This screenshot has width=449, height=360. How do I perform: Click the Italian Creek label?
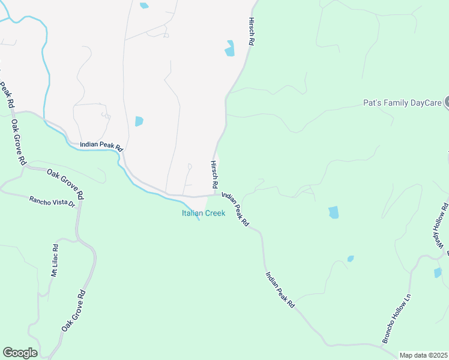[203, 213]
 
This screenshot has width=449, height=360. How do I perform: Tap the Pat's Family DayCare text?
[402, 103]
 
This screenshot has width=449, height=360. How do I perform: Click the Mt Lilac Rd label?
[55, 260]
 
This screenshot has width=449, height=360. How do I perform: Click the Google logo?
[20, 353]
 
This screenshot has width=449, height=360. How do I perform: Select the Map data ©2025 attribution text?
[424, 355]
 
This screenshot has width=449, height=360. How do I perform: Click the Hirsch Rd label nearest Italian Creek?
[214, 173]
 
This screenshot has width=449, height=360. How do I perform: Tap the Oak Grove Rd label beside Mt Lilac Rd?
[73, 311]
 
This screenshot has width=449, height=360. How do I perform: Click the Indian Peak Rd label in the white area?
[101, 146]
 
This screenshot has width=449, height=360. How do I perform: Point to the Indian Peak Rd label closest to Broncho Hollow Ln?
[280, 290]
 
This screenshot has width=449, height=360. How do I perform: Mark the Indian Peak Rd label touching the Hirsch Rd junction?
[235, 209]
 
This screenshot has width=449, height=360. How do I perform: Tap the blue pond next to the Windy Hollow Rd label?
[438, 272]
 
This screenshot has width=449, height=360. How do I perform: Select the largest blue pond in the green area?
[334, 212]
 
